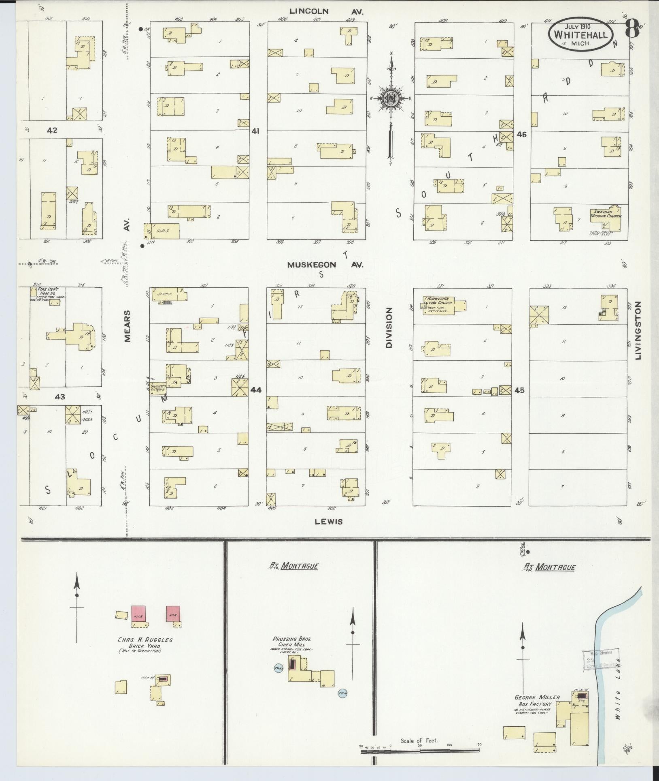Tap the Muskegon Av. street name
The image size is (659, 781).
pos(325,265)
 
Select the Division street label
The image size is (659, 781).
pos(389,327)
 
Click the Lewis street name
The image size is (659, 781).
pos(329,522)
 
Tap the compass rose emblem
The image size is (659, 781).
pos(391,98)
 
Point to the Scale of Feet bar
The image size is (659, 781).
pos(420,751)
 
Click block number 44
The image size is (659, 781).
pos(256,390)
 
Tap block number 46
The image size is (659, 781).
pos(522,134)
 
